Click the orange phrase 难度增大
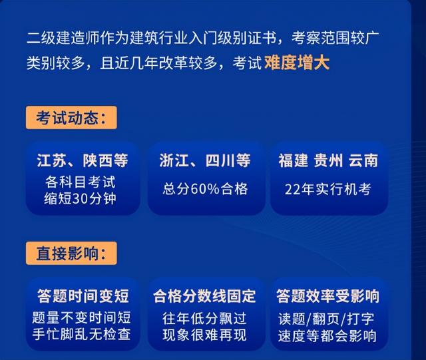pyautogui.click(x=297, y=63)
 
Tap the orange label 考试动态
pyautogui.click(x=71, y=118)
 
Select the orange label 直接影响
pyautogui.click(x=71, y=254)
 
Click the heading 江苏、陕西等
pyautogui.click(x=83, y=160)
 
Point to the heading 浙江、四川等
pyautogui.click(x=205, y=160)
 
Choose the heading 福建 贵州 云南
pyautogui.click(x=328, y=160)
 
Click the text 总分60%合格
pyautogui.click(x=206, y=189)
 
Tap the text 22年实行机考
pyautogui.click(x=328, y=189)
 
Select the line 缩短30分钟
pyautogui.click(x=80, y=198)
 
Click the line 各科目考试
pyautogui.click(x=81, y=182)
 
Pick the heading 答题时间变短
pyautogui.click(x=83, y=296)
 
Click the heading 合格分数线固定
pyautogui.click(x=204, y=296)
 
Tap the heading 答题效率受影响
pyautogui.click(x=328, y=296)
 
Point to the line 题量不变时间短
pyautogui.click(x=81, y=317)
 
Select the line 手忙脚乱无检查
pyautogui.click(x=81, y=334)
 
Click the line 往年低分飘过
pyautogui.click(x=204, y=318)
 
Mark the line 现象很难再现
pyautogui.click(x=204, y=335)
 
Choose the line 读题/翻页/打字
pyautogui.click(x=326, y=319)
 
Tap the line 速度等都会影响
pyautogui.click(x=327, y=335)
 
